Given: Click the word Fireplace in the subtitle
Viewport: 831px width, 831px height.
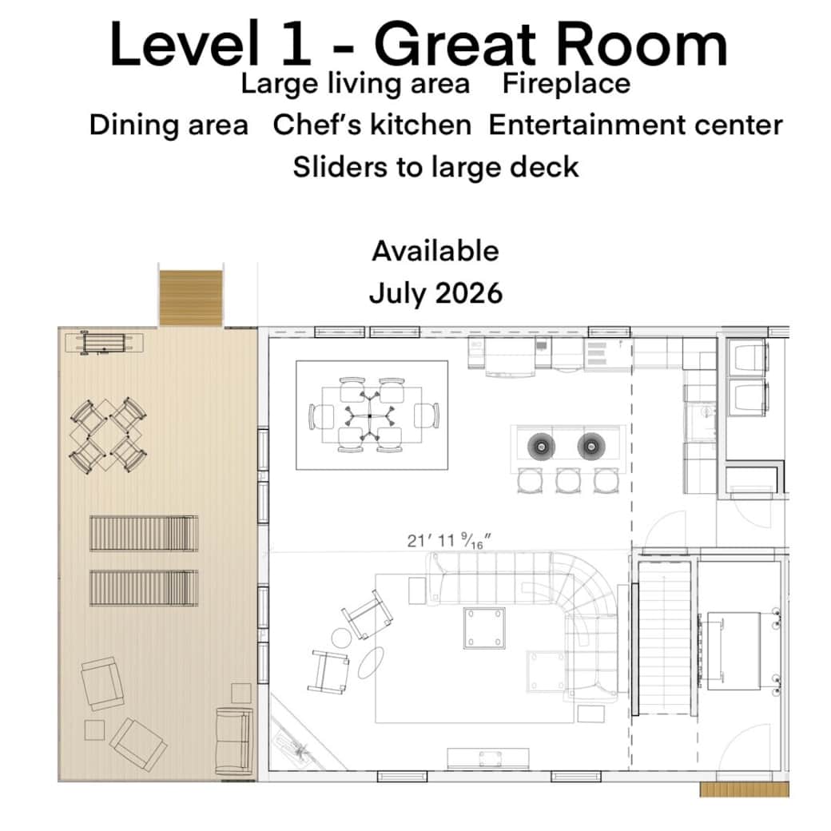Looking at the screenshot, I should (566, 83).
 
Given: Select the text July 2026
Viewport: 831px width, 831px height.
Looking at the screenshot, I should (435, 292).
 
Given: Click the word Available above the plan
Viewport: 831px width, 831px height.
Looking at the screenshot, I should (435, 251).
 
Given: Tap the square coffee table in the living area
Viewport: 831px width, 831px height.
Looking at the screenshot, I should (485, 628).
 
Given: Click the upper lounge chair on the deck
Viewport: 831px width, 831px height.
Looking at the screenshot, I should (144, 533).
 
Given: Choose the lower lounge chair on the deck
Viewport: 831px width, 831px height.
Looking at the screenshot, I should (144, 587).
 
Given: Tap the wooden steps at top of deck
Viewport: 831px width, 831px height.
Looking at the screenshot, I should (190, 298).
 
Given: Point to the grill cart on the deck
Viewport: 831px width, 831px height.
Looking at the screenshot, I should (104, 342).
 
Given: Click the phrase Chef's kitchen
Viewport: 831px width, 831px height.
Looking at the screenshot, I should (372, 125).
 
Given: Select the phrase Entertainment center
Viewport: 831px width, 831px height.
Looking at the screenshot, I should (635, 125).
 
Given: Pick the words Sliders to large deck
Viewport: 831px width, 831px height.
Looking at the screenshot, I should (435, 167).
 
